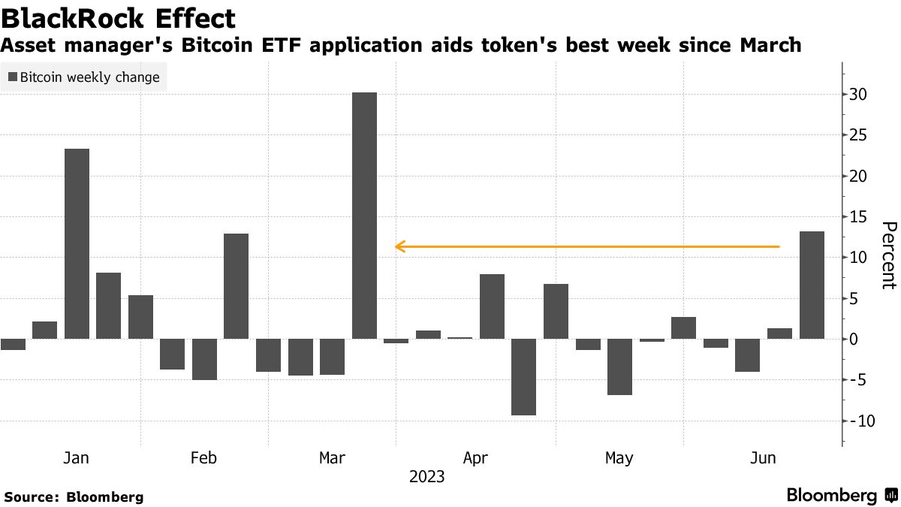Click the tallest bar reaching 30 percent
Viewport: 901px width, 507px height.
(364, 216)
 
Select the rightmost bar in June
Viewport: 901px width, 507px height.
(812, 285)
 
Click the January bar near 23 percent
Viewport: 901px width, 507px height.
(77, 243)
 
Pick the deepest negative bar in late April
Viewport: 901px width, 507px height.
(524, 376)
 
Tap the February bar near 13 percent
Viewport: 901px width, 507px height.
(236, 286)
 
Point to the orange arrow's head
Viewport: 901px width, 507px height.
(399, 246)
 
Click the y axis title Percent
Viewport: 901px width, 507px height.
(888, 255)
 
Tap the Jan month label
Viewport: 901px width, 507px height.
(77, 457)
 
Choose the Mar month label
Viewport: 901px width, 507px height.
(332, 457)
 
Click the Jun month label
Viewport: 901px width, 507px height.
(764, 457)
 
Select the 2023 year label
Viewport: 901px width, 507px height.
(426, 477)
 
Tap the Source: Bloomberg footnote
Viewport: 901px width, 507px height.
(74, 496)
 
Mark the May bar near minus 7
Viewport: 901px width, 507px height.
(619, 367)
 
